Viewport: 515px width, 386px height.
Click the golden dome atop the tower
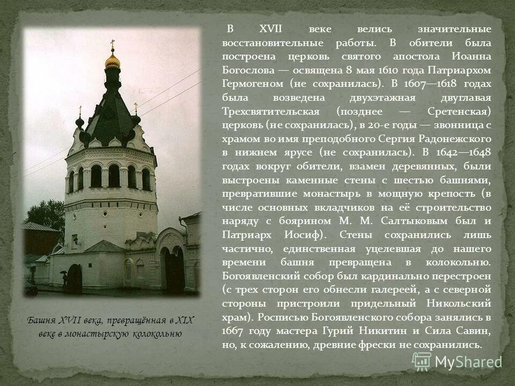point(112,61)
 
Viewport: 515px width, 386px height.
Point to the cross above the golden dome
point(112,43)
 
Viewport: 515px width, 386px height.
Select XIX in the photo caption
point(184,321)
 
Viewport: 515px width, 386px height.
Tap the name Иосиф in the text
point(303,235)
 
